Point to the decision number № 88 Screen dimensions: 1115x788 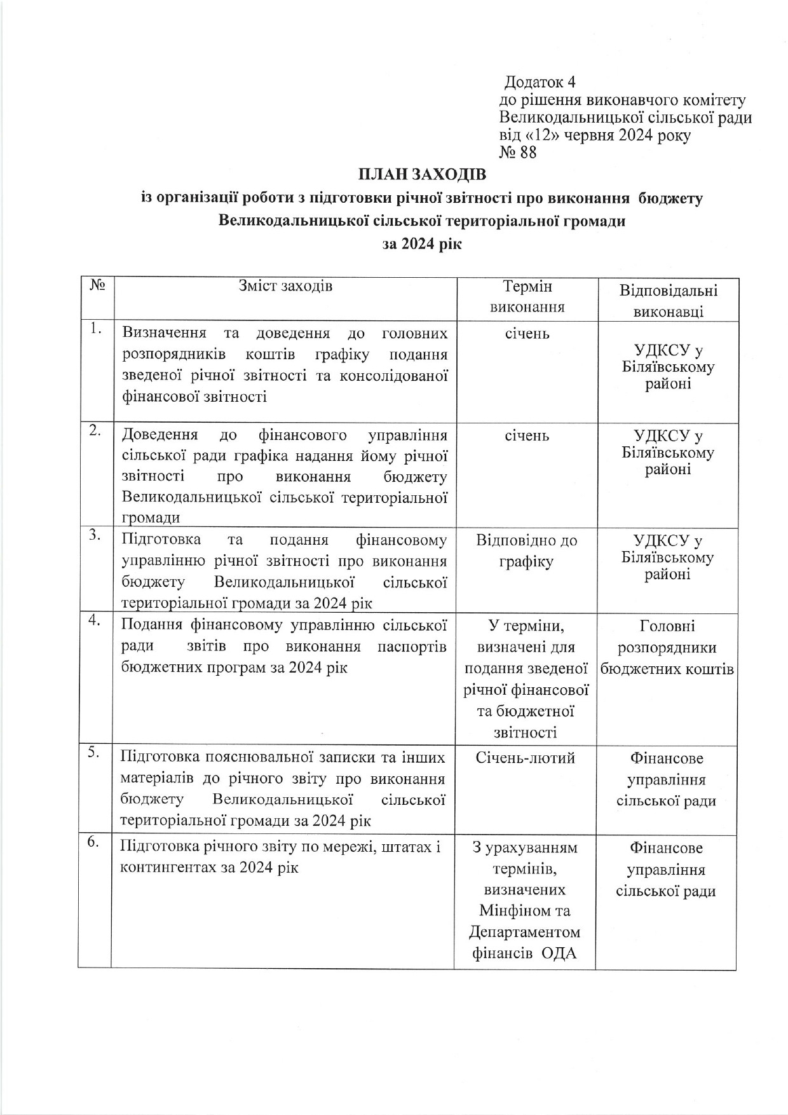pyautogui.click(x=518, y=153)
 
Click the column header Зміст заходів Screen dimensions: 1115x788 pyautogui.click(x=285, y=286)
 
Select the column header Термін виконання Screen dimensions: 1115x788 pyautogui.click(x=527, y=297)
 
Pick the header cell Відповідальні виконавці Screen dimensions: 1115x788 pyautogui.click(x=668, y=301)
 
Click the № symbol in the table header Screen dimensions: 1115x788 pyautogui.click(x=97, y=285)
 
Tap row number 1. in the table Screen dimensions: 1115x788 pyautogui.click(x=95, y=328)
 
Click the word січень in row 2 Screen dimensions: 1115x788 pyautogui.click(x=527, y=436)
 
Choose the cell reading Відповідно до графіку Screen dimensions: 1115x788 pyautogui.click(x=526, y=551)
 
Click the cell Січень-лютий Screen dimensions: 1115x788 pyautogui.click(x=525, y=758)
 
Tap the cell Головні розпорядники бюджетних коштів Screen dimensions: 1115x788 pyautogui.click(x=667, y=648)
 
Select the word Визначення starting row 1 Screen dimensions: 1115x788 pyautogui.click(x=164, y=333)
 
